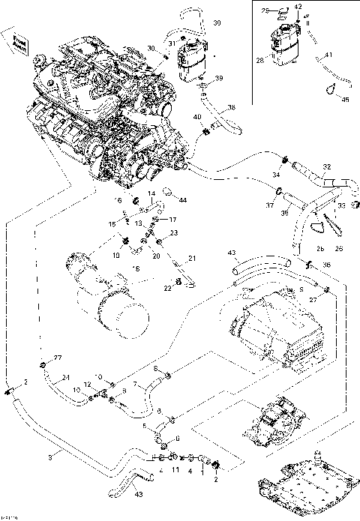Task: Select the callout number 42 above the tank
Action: (x=298, y=6)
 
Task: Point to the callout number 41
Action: (x=328, y=55)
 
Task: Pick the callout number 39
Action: (x=219, y=79)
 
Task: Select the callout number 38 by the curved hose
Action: (x=231, y=108)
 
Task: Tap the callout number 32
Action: (x=326, y=166)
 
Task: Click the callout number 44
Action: (x=182, y=200)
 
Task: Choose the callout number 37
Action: (x=269, y=204)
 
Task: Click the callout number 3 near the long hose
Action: (x=50, y=456)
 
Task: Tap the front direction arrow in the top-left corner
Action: (x=18, y=42)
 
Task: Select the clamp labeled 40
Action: (x=204, y=133)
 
